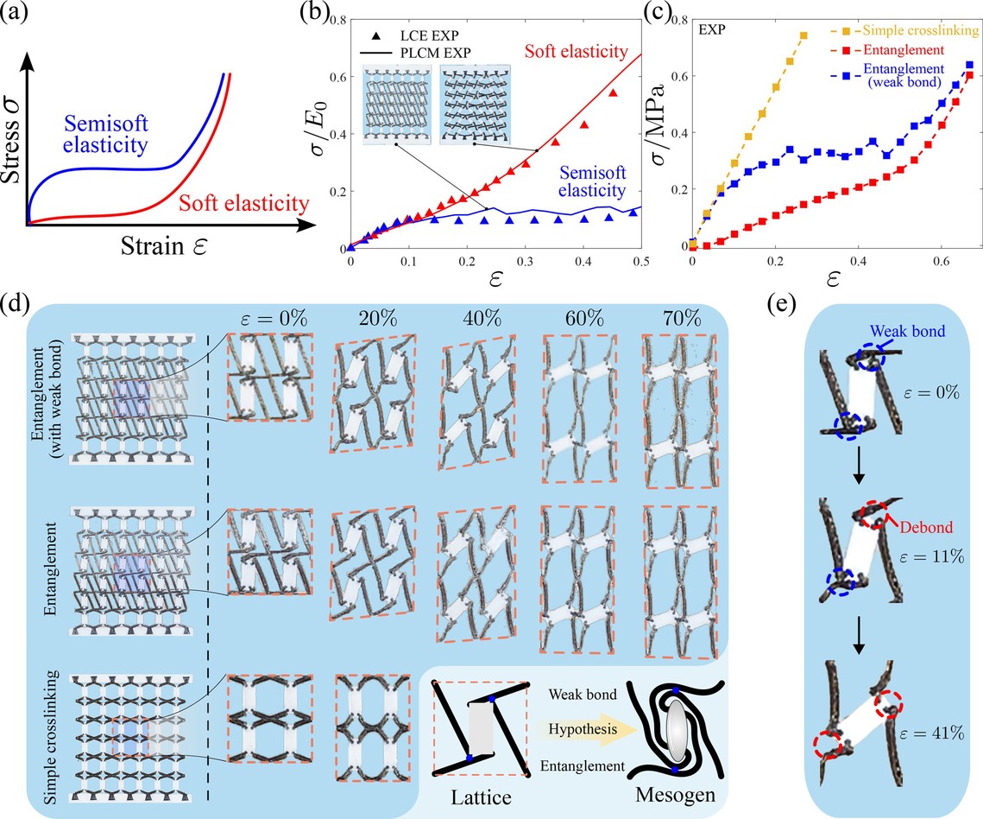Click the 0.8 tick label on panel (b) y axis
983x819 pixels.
click(x=337, y=19)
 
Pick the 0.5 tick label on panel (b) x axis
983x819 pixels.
click(x=638, y=259)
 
